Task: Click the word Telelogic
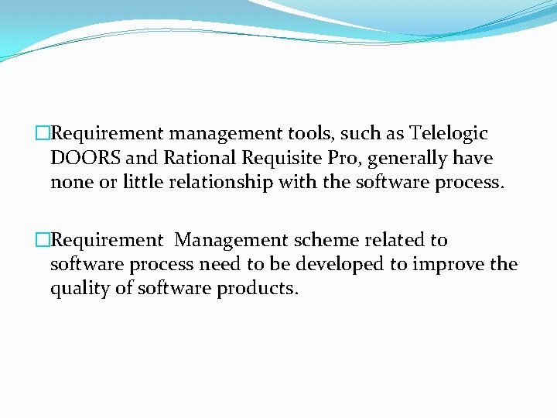coord(449,133)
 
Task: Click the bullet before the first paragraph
coord(43,134)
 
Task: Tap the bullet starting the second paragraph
coord(43,241)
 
